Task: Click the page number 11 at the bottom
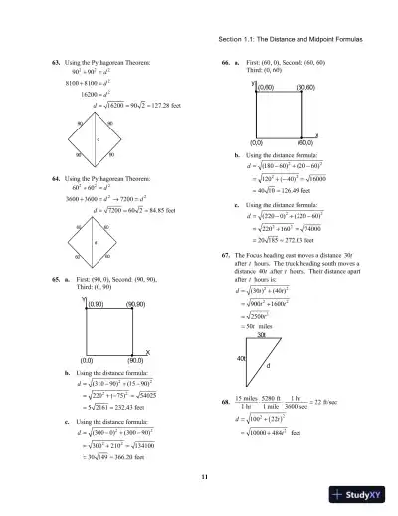click(203, 480)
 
